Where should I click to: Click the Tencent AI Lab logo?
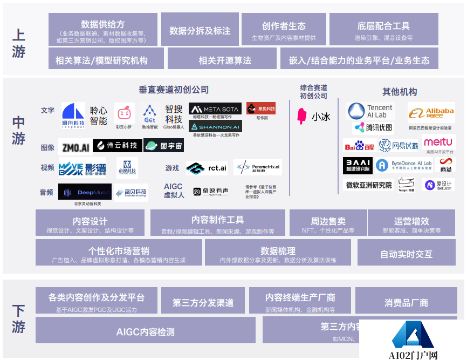tap(372, 111)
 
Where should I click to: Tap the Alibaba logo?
tap(431, 113)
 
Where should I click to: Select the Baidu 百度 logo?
tap(359, 146)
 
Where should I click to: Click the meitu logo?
tap(438, 142)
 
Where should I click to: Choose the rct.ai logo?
tap(207, 168)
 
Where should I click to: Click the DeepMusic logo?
tap(85, 192)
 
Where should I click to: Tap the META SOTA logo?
tap(215, 108)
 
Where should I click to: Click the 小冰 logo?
tap(314, 117)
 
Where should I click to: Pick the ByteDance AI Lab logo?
tap(404, 165)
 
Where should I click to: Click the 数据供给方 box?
tap(103, 30)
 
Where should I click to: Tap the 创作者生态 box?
tap(284, 30)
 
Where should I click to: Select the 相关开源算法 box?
tap(222, 60)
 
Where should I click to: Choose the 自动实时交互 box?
tap(406, 253)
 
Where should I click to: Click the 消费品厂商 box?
tap(406, 303)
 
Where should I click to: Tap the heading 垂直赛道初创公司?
tap(174, 90)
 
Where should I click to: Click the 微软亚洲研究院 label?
tap(368, 185)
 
